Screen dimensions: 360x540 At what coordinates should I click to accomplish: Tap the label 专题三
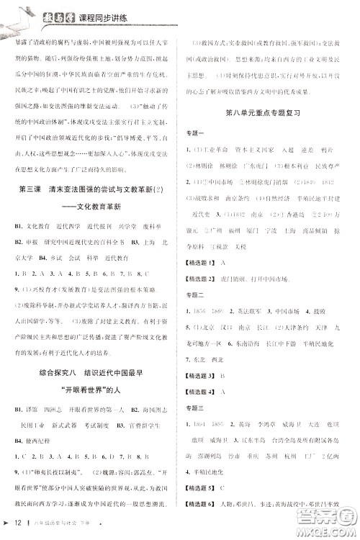click(196, 408)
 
